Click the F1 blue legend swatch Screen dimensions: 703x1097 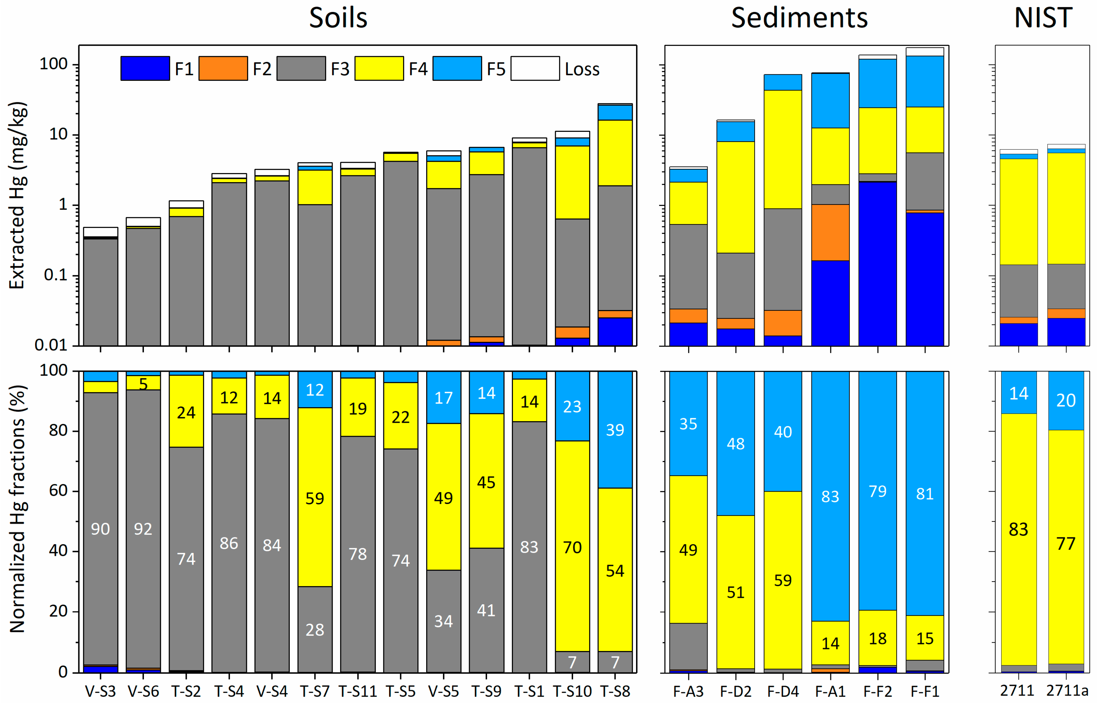(x=145, y=69)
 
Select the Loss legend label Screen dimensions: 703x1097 (x=581, y=69)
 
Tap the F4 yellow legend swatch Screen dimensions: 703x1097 (x=379, y=69)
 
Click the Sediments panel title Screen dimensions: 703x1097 (x=799, y=18)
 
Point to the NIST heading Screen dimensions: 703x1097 (x=1043, y=18)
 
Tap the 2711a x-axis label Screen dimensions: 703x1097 (x=1067, y=691)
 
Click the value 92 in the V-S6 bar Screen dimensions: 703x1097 (x=143, y=529)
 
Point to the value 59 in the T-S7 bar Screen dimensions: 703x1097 (x=315, y=498)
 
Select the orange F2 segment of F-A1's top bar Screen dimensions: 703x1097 (x=830, y=232)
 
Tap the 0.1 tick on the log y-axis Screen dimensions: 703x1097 (x=56, y=275)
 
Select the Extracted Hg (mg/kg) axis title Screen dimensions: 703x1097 (x=17, y=195)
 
